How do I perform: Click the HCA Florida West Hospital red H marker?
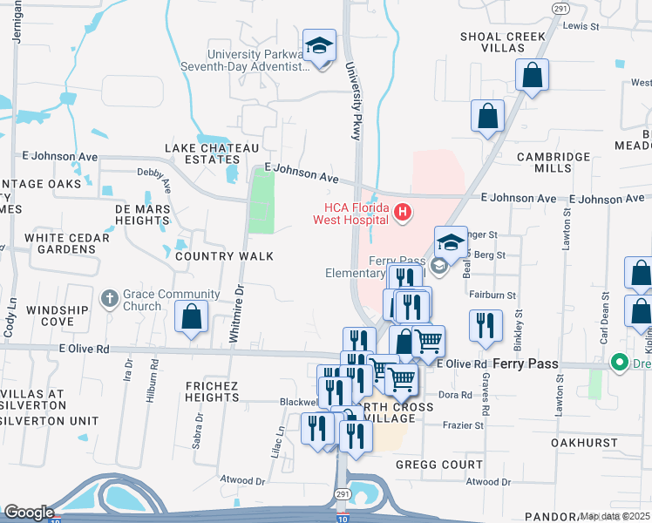click(402, 211)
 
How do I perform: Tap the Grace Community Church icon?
click(110, 299)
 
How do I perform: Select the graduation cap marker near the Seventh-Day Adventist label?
click(319, 46)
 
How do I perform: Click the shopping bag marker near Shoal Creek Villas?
click(531, 76)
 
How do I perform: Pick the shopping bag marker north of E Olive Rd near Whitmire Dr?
click(192, 318)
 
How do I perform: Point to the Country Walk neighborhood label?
click(224, 256)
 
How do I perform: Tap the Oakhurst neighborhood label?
click(589, 444)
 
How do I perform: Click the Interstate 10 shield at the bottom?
click(341, 517)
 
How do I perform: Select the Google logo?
click(29, 513)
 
